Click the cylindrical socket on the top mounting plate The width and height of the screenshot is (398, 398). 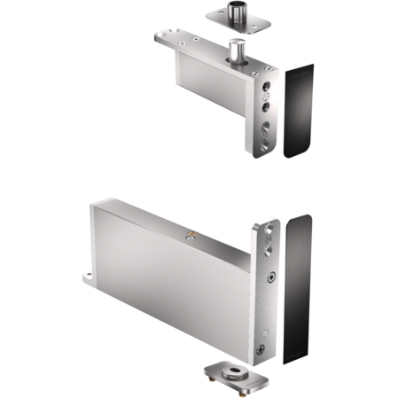[237, 16]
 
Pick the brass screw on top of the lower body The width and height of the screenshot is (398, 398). [189, 235]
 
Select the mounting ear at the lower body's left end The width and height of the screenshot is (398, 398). [90, 279]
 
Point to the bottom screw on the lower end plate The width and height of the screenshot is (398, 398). [261, 349]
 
